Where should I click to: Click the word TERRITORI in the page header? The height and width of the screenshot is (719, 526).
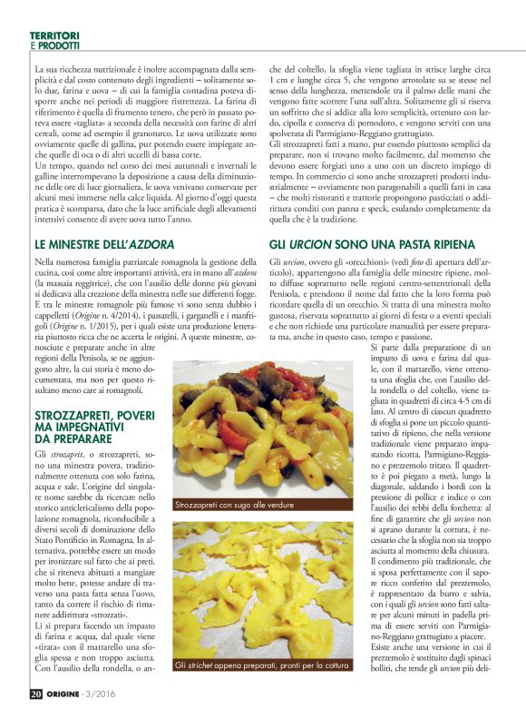[x=54, y=34]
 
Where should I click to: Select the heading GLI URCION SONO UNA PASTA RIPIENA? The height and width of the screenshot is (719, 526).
[x=372, y=245]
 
